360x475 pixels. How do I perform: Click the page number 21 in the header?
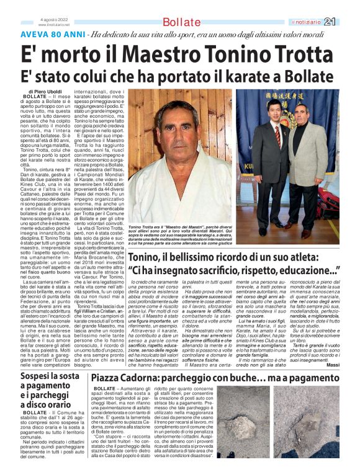[347, 22]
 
